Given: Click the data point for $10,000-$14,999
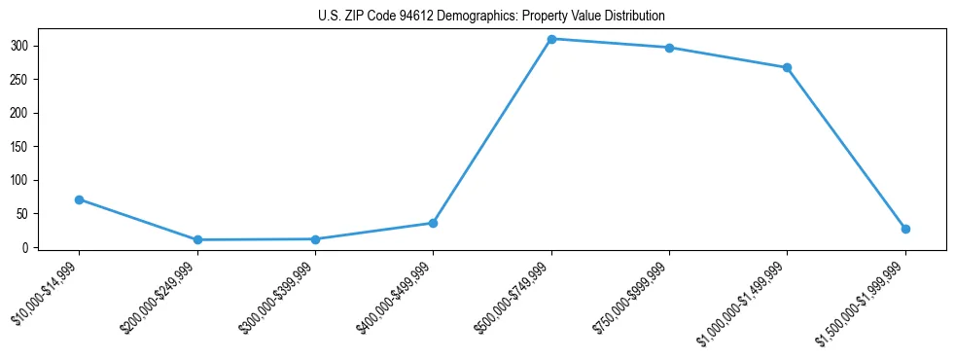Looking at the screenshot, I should tap(79, 199).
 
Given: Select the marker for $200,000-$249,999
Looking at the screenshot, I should tap(197, 239).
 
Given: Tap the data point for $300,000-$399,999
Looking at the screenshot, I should tap(315, 238).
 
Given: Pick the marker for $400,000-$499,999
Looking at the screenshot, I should tap(433, 223).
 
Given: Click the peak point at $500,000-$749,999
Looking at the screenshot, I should tap(551, 39).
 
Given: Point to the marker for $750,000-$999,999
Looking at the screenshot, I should tap(669, 48).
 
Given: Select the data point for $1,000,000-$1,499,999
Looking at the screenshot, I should tap(787, 67).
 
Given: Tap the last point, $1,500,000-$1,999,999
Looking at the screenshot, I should tap(905, 229).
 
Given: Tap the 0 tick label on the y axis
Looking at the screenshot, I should tap(27, 247).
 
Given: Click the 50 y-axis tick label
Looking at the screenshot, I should tap(24, 214).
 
